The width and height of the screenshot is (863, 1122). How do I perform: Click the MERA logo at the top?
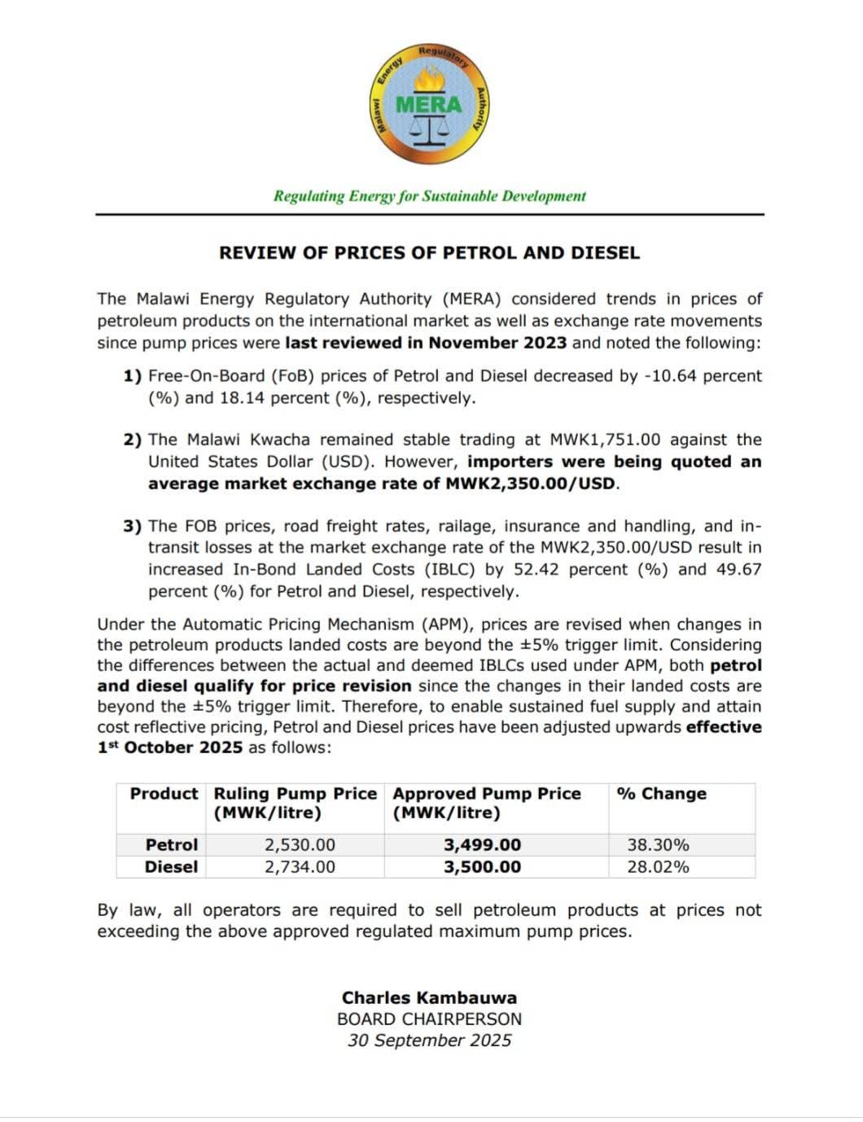point(429,104)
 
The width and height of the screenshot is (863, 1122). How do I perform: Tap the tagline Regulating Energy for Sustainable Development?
point(429,196)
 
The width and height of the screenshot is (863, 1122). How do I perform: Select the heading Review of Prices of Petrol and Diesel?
point(429,253)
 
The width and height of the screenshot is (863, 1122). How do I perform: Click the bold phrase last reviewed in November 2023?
point(425,343)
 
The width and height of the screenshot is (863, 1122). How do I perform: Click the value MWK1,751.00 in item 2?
point(605,440)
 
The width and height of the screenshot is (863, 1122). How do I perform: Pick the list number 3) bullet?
point(132,527)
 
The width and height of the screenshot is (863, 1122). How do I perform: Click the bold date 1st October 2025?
point(170,747)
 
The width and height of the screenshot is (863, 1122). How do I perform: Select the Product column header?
point(164,794)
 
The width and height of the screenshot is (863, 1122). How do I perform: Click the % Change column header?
point(662,794)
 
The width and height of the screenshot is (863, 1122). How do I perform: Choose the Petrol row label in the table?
point(171,845)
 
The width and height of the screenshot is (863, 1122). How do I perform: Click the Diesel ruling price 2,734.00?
point(300,867)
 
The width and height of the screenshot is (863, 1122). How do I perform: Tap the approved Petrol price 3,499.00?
point(482,845)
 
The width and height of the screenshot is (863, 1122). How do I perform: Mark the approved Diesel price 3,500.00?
point(482,867)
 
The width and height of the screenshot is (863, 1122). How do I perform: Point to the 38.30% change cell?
point(658,845)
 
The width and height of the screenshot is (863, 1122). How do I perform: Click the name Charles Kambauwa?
point(429,998)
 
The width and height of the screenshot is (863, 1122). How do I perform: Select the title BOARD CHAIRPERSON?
point(429,1019)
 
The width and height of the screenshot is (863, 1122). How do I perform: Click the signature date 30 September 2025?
point(429,1041)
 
